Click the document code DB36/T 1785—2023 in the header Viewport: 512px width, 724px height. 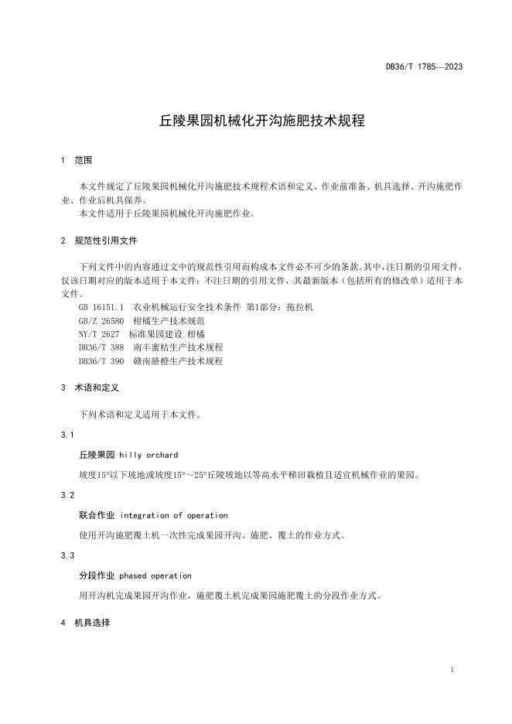pos(424,67)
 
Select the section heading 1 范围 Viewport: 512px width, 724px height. pos(76,160)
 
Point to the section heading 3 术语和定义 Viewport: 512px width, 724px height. pos(89,387)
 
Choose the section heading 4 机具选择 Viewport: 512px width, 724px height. pos(85,622)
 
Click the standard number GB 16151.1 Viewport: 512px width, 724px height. pos(101,307)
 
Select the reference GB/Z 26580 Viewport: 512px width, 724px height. pos(101,320)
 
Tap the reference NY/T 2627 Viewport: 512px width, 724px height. pos(99,333)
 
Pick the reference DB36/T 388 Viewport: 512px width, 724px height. pos(101,347)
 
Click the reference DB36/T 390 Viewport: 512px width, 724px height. pos(101,360)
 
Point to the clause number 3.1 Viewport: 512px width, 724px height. pos(67,435)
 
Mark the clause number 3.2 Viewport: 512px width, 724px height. pos(67,495)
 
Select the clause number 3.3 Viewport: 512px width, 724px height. pos(67,555)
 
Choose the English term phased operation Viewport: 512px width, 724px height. pos(155,575)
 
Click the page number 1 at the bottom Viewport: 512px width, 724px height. pos(452,669)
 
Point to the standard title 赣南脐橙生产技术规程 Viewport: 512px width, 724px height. pos(178,360)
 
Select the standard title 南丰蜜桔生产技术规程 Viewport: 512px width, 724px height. pos(178,347)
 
